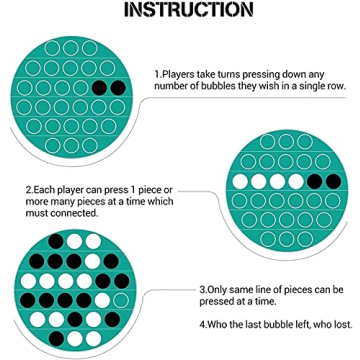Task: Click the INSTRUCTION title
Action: pos(189,10)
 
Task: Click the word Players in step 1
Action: pos(178,74)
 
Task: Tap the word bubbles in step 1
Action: pos(218,86)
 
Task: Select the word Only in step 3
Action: pos(217,290)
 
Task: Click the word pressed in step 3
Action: pos(217,301)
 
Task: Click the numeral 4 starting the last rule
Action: pos(202,324)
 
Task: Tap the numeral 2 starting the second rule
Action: pos(28,190)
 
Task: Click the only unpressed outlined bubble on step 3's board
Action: pos(121,301)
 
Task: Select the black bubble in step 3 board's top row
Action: pos(56,241)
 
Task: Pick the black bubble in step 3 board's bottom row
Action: pos(57,339)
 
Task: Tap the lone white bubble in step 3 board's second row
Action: pos(92,262)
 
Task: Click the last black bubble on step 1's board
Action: pos(118,88)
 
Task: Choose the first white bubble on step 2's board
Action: pos(240,182)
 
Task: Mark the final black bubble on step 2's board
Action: pos(333,182)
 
